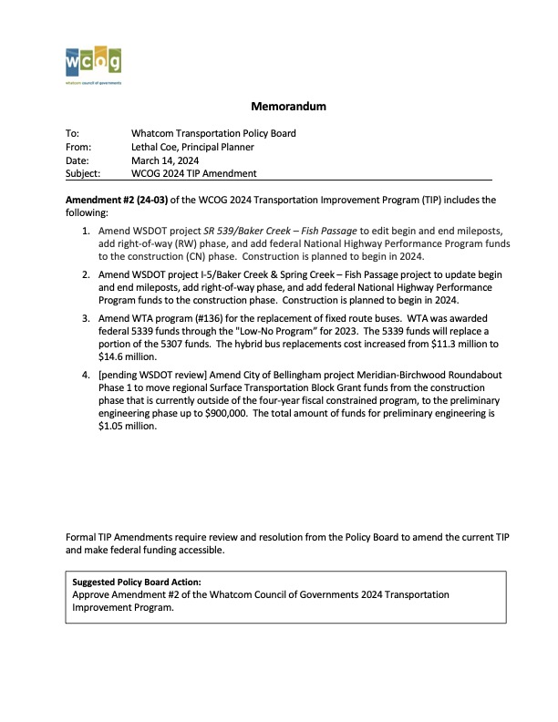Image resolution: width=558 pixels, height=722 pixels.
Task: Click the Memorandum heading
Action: click(288, 107)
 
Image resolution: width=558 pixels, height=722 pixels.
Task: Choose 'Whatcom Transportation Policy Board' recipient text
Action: click(213, 133)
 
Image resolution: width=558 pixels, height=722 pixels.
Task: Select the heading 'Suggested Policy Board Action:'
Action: click(137, 581)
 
